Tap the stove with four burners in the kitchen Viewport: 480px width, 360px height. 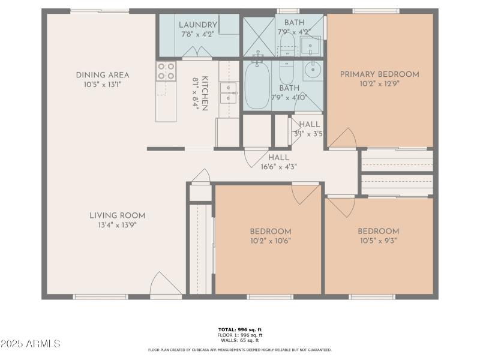(x=166, y=71)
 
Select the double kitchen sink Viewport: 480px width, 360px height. (x=229, y=89)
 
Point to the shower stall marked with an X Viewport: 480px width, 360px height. (x=258, y=35)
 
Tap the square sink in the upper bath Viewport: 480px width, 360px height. (x=310, y=44)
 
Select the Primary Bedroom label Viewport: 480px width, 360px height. (x=379, y=74)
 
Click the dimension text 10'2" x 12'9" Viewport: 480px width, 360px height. (x=379, y=85)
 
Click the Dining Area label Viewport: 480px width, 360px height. (x=103, y=75)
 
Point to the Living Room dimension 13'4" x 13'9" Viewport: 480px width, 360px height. (x=117, y=226)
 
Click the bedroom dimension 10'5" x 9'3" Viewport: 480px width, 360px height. (x=378, y=241)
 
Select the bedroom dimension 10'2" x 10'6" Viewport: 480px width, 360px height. (x=271, y=241)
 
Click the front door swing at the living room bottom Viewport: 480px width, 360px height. (x=163, y=285)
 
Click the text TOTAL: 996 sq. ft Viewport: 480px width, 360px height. (x=239, y=330)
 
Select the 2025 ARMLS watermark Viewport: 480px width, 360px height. (x=31, y=344)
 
